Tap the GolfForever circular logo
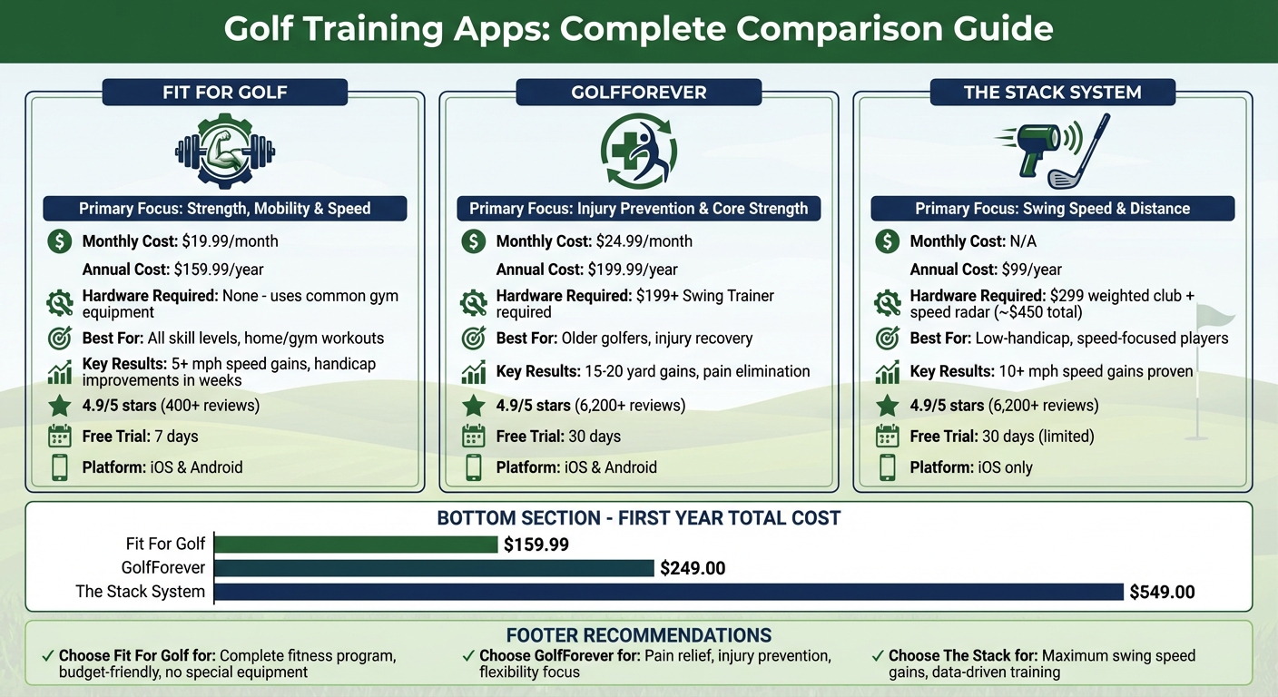click(638, 151)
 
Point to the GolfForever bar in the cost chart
click(434, 568)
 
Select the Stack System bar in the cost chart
click(669, 592)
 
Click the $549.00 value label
click(1162, 593)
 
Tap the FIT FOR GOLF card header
click(224, 93)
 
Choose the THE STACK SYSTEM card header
click(1052, 93)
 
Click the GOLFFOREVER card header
click(638, 93)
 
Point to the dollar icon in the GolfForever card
click(473, 241)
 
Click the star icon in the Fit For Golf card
click(59, 405)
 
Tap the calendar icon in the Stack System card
click(887, 437)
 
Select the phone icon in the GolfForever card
click(473, 467)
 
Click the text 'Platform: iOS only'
click(971, 468)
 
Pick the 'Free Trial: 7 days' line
click(140, 437)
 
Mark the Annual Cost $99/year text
click(986, 270)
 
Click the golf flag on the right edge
click(1213, 318)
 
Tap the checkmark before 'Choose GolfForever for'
click(467, 655)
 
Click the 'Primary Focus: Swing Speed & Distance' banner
click(1052, 209)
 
